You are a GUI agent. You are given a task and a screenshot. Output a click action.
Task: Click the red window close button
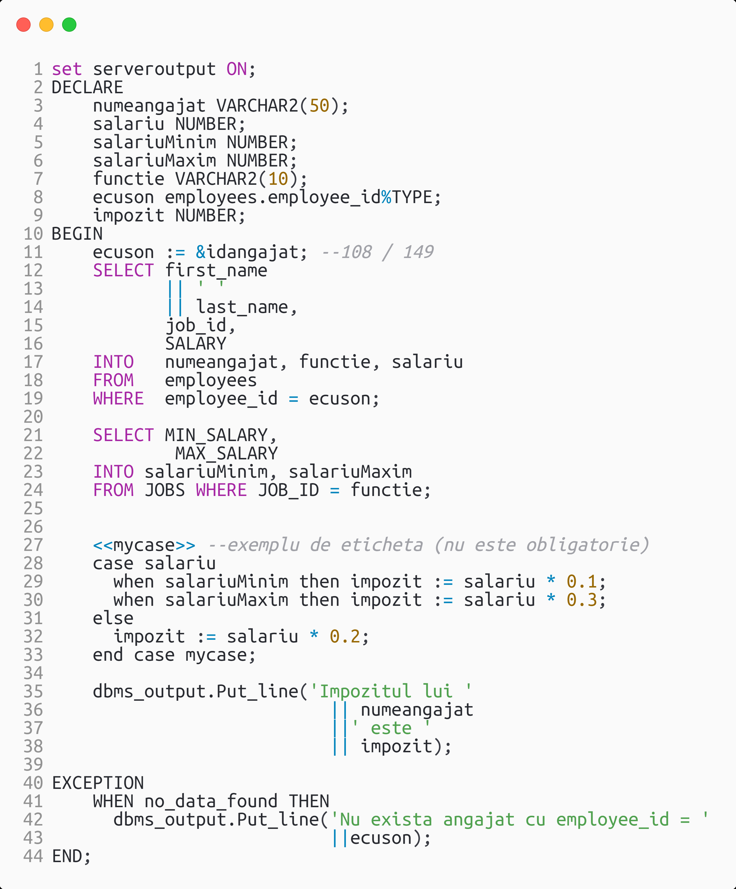23,25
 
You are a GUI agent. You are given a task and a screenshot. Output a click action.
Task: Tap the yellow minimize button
46,25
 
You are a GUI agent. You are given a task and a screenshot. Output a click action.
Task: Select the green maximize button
69,25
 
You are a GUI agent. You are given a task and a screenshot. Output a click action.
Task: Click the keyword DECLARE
87,88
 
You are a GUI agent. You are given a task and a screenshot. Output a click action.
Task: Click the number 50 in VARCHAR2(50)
319,106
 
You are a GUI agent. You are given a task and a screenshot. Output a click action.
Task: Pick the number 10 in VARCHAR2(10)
278,179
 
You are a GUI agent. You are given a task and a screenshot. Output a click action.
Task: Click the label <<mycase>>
144,545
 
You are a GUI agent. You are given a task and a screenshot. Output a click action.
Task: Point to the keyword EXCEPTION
98,783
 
